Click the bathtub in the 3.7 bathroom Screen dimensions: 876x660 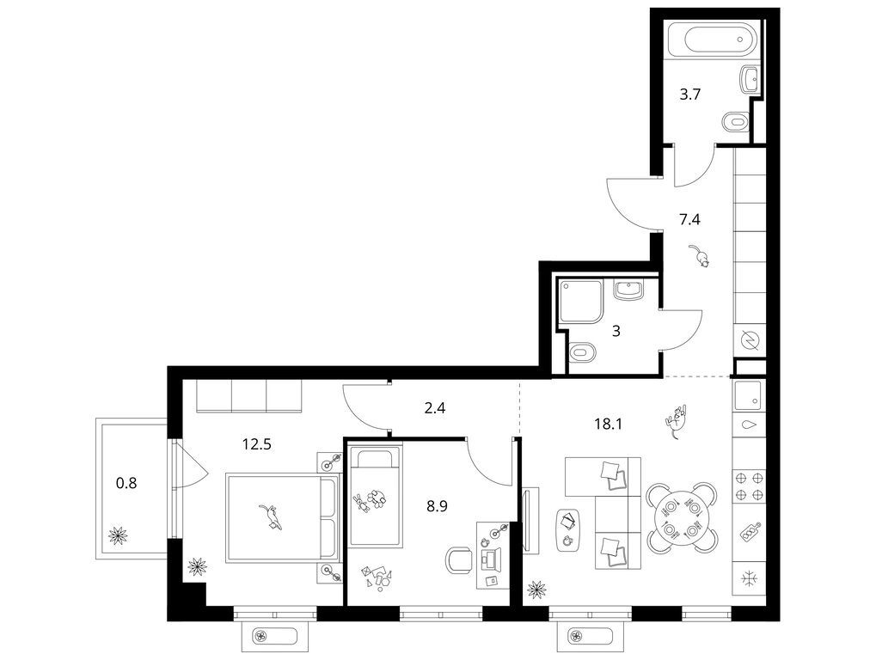[714, 38]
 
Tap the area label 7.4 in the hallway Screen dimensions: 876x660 [689, 219]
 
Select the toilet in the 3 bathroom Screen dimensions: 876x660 [582, 352]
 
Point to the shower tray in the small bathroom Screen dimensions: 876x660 [580, 301]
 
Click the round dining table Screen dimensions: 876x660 [682, 517]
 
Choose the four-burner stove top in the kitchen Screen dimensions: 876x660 [748, 486]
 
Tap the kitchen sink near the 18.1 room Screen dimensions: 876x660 [748, 396]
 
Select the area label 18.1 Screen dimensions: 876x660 [608, 424]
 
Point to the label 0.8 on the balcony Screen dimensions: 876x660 [126, 482]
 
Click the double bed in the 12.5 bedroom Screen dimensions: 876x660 [283, 517]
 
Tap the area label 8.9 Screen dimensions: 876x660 [437, 507]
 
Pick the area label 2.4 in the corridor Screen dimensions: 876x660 [435, 408]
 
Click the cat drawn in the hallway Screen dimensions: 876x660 [700, 255]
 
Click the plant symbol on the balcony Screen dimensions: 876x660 [118, 535]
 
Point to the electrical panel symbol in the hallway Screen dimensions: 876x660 [749, 340]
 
